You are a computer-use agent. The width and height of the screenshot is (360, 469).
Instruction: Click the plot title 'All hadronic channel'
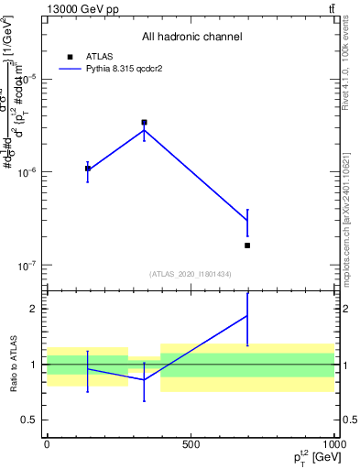(191, 38)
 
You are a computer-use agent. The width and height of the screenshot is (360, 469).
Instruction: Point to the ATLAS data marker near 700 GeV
(248, 245)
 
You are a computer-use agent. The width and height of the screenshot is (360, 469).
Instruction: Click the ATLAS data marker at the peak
(144, 122)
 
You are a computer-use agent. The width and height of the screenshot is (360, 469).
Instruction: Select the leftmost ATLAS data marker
(88, 169)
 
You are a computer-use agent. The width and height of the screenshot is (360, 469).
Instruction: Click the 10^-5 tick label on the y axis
(27, 79)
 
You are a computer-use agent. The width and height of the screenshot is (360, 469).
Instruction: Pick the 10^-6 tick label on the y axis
(27, 172)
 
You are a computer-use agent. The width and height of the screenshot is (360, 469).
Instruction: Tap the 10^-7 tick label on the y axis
(27, 266)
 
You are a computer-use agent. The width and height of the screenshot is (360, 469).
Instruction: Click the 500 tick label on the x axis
(190, 444)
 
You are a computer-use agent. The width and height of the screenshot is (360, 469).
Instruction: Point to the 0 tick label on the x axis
(47, 444)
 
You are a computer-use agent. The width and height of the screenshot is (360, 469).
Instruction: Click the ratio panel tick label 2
(32, 309)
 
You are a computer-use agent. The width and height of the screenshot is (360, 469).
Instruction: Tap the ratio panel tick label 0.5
(28, 420)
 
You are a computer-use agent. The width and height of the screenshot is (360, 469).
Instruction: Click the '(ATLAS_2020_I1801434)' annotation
(191, 275)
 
